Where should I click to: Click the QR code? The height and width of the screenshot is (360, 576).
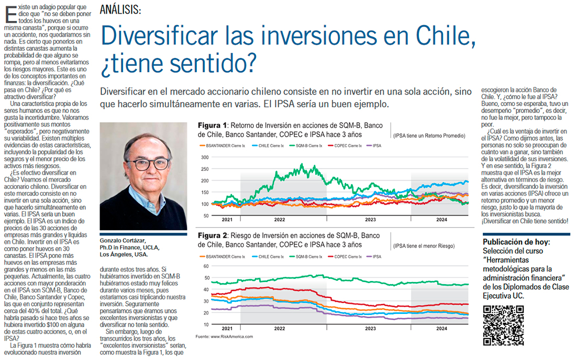[x=503, y=325]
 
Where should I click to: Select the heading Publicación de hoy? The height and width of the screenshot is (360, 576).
[x=516, y=243]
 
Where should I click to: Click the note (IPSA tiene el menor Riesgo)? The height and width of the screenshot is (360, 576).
[x=424, y=246]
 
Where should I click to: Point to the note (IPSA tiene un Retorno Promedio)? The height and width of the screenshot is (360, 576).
[x=429, y=136]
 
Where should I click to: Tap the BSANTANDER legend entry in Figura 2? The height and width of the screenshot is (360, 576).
[x=223, y=256]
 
